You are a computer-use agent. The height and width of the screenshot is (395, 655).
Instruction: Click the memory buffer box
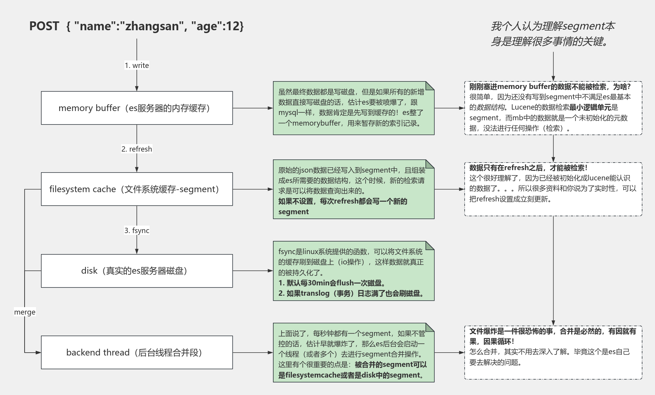(136, 108)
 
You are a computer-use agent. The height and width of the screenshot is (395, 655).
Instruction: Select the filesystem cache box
(136, 189)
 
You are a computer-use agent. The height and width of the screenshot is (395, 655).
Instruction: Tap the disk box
(136, 271)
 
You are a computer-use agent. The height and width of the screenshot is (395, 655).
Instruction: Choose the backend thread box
(136, 352)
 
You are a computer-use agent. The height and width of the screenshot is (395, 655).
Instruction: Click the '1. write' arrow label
(136, 65)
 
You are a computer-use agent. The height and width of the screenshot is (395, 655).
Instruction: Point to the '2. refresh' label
(136, 149)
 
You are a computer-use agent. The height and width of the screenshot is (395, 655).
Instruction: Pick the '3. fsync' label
(136, 231)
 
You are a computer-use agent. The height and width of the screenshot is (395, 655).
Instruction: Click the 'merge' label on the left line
(25, 312)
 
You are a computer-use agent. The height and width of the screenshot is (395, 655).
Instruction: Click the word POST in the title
(44, 26)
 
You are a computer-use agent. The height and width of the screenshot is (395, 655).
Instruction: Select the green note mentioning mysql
(353, 108)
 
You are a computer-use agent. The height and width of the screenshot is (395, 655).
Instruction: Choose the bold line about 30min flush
(331, 283)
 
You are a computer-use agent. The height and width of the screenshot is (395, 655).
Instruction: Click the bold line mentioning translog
(351, 294)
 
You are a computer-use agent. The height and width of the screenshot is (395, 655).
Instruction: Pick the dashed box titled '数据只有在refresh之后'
(553, 189)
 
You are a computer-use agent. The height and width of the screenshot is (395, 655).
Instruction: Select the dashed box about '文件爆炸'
(553, 352)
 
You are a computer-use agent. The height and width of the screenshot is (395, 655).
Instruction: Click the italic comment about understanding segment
(552, 34)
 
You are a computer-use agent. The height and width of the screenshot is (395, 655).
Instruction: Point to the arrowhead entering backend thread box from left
(38, 352)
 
